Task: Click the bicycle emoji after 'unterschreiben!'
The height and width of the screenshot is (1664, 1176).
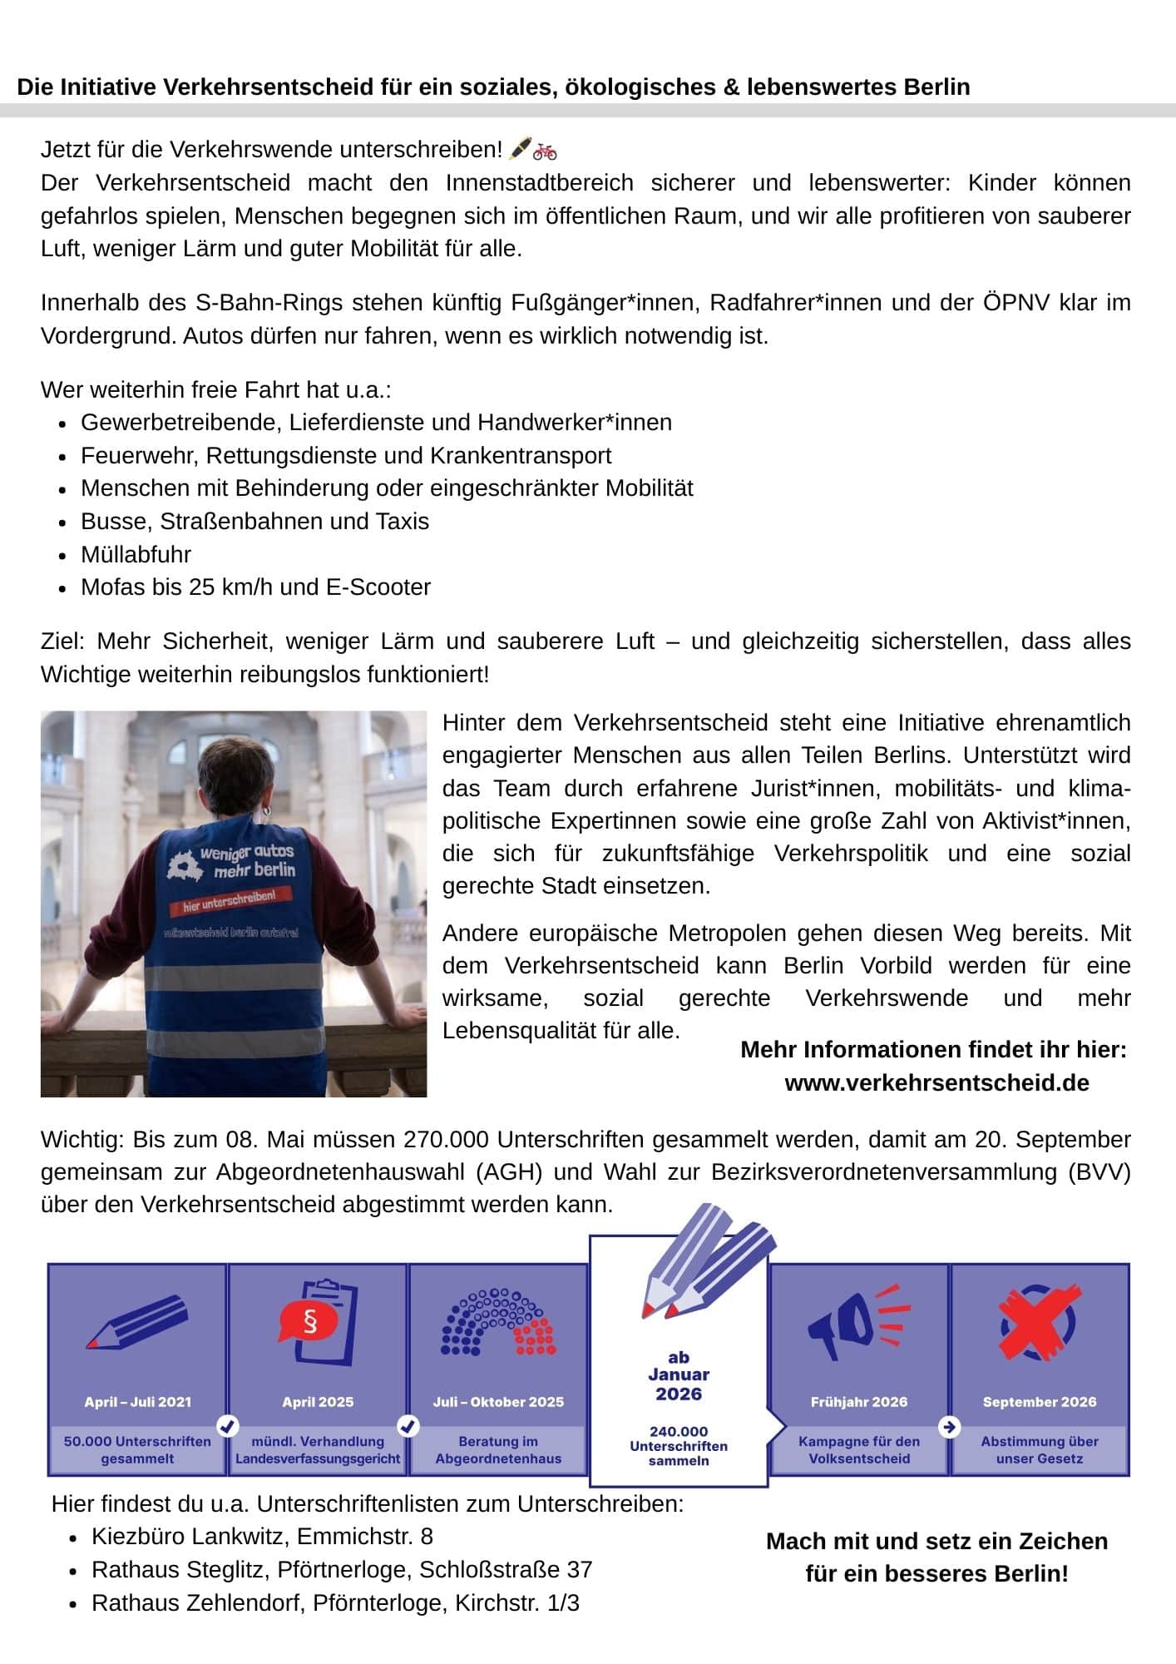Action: (546, 151)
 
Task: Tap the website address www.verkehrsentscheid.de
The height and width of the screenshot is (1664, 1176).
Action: (936, 1082)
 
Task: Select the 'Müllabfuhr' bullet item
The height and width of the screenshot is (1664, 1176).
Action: (136, 554)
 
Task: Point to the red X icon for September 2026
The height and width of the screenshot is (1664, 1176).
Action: (1039, 1322)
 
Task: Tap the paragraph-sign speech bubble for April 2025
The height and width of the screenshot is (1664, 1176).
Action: (309, 1321)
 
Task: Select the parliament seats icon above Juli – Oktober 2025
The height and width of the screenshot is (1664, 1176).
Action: (498, 1322)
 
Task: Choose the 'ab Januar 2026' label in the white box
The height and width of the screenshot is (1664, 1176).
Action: (679, 1375)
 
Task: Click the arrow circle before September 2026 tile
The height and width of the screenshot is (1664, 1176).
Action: (949, 1427)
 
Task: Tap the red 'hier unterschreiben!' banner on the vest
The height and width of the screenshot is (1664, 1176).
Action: (228, 899)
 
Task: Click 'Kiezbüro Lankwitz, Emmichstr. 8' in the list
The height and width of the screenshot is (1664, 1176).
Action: (262, 1536)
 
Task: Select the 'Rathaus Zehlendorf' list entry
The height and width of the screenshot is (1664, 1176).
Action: (335, 1602)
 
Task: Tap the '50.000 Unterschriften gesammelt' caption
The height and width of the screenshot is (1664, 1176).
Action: (137, 1450)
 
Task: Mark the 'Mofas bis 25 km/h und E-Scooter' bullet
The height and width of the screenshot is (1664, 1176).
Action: (255, 587)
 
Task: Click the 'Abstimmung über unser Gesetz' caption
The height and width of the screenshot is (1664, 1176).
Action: (1039, 1450)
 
